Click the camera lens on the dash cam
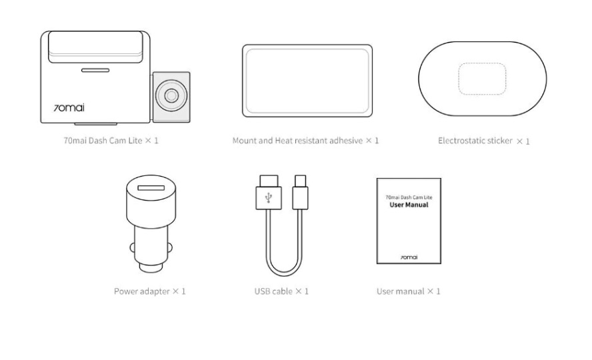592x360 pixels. tap(171, 96)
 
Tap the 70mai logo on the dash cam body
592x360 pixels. tap(69, 108)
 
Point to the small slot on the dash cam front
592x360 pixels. tap(95, 70)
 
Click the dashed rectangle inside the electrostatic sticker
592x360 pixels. tap(482, 79)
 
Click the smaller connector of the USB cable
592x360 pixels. tap(300, 192)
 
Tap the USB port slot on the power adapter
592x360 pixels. tap(151, 187)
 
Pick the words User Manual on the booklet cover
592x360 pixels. tap(409, 205)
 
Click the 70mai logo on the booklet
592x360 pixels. tap(409, 257)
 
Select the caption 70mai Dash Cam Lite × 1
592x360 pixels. tap(111, 141)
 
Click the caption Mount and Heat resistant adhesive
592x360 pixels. tap(297, 141)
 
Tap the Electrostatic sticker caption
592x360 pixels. tap(475, 141)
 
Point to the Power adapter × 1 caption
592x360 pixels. tap(150, 291)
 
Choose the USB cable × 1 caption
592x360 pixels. tap(281, 291)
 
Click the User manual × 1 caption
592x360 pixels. tap(409, 291)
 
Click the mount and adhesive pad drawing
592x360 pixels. tap(307, 81)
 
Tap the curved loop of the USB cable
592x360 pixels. tap(284, 274)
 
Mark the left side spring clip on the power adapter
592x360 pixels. tap(132, 248)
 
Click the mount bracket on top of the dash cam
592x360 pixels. tap(95, 47)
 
